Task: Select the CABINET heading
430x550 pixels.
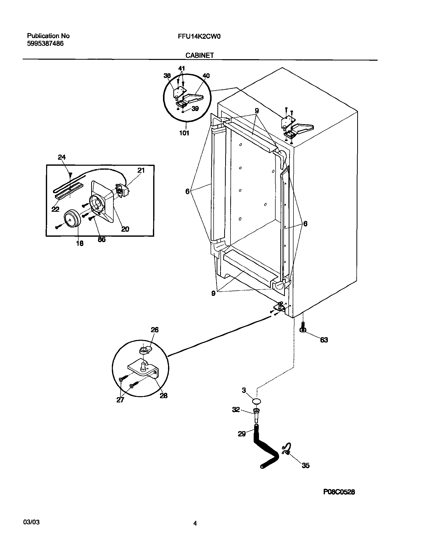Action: click(200, 55)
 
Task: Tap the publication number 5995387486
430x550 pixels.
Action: click(45, 44)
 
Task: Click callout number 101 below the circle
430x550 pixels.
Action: click(184, 133)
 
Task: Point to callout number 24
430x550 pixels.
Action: click(62, 157)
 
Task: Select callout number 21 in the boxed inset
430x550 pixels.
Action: click(141, 170)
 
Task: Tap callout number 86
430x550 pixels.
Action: click(102, 239)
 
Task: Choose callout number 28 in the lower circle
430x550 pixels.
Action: click(163, 396)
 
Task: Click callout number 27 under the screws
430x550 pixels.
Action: click(120, 400)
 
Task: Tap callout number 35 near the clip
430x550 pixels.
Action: click(305, 466)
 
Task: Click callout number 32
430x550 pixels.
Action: click(236, 410)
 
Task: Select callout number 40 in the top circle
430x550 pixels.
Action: click(206, 76)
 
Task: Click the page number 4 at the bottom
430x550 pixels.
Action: click(195, 524)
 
